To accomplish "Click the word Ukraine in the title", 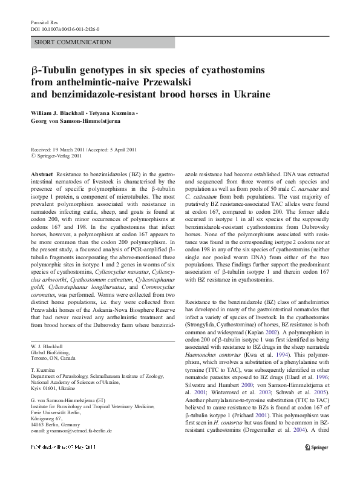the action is (253, 94).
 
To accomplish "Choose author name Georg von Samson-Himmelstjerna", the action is (75, 121).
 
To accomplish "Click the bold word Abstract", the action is (42, 174).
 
